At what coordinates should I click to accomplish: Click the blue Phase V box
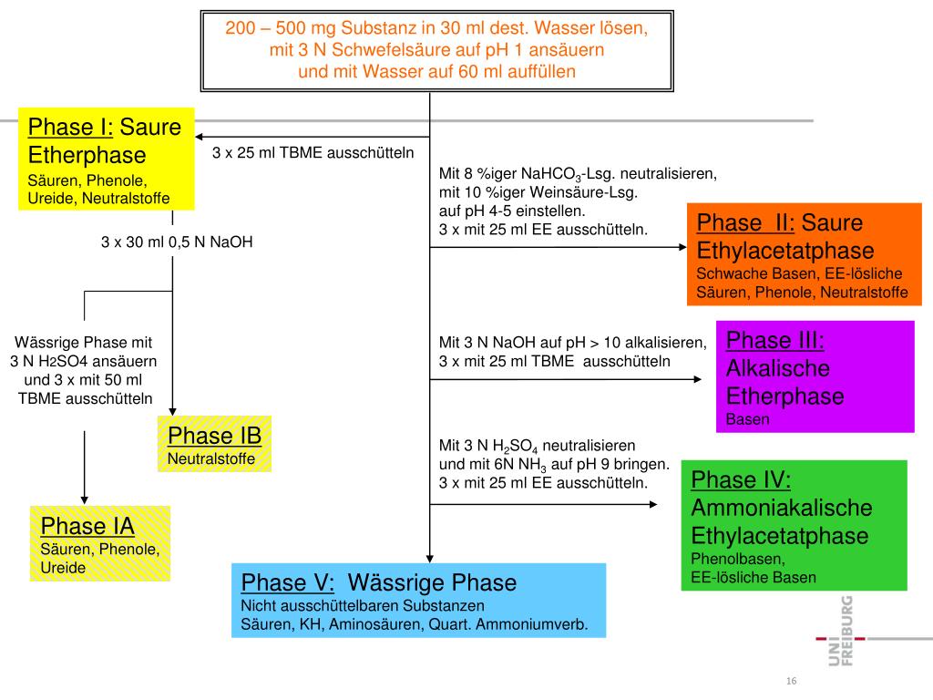[x=418, y=601]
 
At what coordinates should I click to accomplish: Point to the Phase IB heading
[x=215, y=436]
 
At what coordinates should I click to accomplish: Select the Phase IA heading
[x=87, y=527]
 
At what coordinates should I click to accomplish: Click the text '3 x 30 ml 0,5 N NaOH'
[x=177, y=242]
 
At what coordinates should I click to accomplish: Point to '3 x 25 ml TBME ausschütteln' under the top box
[x=313, y=152]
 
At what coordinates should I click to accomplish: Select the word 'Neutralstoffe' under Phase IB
[x=211, y=459]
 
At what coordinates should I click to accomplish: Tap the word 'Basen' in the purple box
[x=748, y=420]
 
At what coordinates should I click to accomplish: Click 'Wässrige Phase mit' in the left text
[x=83, y=344]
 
